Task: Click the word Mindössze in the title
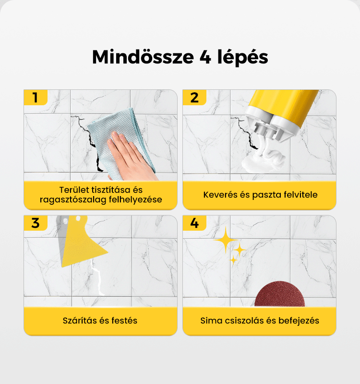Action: (143, 57)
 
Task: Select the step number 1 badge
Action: (36, 97)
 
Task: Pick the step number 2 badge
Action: (194, 97)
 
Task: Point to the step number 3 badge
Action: (36, 223)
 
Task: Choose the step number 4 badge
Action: (194, 223)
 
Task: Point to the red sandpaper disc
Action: (279, 294)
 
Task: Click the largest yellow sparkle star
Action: (226, 240)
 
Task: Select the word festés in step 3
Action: (124, 321)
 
